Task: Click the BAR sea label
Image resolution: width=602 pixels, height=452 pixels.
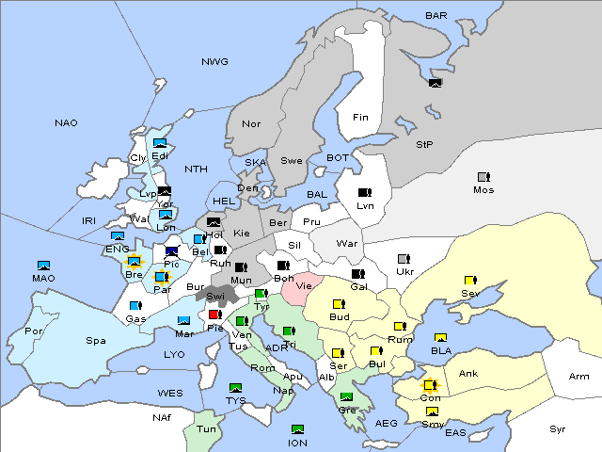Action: pos(436,15)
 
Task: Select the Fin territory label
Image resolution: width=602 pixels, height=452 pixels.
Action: pos(360,118)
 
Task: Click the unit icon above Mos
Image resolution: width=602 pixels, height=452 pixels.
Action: pos(483,177)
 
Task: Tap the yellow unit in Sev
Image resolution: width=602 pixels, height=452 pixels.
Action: pos(469,281)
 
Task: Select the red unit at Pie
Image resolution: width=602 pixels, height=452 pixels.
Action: pos(215,315)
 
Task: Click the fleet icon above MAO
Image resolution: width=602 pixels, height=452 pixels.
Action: pos(43,266)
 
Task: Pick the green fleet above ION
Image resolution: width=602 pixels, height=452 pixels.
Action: pos(298,429)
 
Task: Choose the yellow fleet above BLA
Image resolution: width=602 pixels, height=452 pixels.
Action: pos(440,337)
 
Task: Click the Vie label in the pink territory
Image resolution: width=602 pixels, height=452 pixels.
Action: pos(303,284)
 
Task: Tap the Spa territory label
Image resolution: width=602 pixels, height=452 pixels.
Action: pos(95,340)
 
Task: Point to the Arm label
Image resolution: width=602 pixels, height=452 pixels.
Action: pos(579,377)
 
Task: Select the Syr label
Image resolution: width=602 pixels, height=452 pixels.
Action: pos(558,428)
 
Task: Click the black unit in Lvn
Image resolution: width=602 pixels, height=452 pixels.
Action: pos(365,193)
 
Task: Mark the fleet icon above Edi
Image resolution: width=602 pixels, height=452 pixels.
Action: pos(160,143)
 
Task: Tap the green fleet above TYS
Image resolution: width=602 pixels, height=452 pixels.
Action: pos(235,387)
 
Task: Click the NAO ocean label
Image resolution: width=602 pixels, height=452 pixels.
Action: pos(66,122)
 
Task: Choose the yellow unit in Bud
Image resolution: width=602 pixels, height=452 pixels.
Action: pos(339,304)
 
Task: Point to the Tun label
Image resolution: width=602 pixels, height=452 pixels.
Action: pos(206,428)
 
